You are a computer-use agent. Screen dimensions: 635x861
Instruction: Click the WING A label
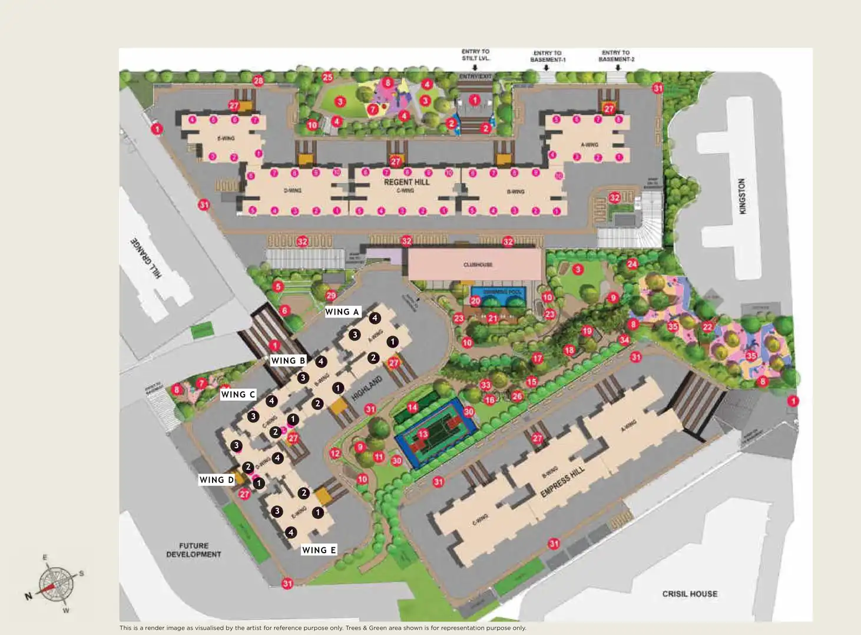pyautogui.click(x=342, y=312)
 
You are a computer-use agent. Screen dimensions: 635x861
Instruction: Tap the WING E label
pyautogui.click(x=319, y=550)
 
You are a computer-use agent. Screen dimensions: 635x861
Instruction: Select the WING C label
pyautogui.click(x=238, y=394)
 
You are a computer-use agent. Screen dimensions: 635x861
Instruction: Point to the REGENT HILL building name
pyautogui.click(x=406, y=182)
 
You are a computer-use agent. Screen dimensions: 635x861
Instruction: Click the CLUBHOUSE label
pyautogui.click(x=478, y=264)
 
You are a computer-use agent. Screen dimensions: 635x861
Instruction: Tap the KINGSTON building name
pyautogui.click(x=742, y=196)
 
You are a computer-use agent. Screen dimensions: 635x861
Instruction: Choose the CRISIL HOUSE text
pyautogui.click(x=690, y=594)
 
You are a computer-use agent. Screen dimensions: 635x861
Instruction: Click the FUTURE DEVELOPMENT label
pyautogui.click(x=194, y=550)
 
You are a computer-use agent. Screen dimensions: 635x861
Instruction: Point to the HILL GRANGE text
pyautogui.click(x=145, y=257)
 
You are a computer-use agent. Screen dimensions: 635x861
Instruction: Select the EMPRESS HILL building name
pyautogui.click(x=562, y=481)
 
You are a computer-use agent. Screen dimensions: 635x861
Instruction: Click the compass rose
pyautogui.click(x=56, y=584)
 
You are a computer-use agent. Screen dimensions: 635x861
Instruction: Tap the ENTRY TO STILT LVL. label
pyautogui.click(x=475, y=55)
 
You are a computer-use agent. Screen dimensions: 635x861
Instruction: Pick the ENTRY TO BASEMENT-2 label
pyautogui.click(x=616, y=56)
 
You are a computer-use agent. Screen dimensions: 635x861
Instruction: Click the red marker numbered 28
pyautogui.click(x=258, y=80)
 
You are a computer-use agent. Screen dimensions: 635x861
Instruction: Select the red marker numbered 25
pyautogui.click(x=327, y=77)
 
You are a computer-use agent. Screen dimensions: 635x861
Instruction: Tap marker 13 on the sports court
pyautogui.click(x=423, y=434)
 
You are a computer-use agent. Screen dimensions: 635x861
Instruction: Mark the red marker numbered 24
pyautogui.click(x=632, y=264)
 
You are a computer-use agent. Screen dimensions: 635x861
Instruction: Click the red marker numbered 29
pyautogui.click(x=330, y=296)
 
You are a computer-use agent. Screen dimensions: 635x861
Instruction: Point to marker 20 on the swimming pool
pyautogui.click(x=475, y=300)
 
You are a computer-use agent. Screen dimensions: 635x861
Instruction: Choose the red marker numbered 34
pyautogui.click(x=624, y=340)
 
